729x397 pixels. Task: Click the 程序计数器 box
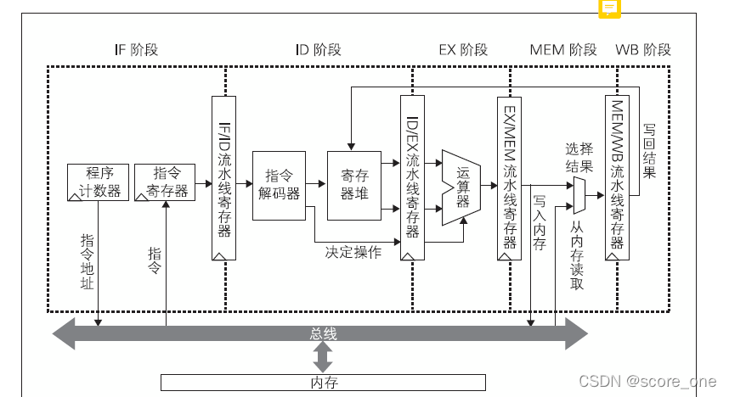point(99,182)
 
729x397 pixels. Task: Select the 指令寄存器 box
point(164,182)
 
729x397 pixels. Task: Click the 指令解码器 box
point(279,185)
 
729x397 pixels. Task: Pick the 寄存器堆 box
point(354,185)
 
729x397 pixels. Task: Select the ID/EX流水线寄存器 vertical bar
point(412,178)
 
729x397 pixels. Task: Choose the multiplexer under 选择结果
point(579,195)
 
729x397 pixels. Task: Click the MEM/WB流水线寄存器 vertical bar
point(617,178)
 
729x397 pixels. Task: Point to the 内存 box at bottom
point(324,382)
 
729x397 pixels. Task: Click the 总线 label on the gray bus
point(324,334)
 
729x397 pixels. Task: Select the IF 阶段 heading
point(136,49)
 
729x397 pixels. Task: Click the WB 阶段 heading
point(643,49)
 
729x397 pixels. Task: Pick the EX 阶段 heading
point(463,49)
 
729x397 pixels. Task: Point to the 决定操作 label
point(353,251)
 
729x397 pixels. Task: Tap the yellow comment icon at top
point(610,8)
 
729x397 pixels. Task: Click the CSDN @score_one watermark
point(647,383)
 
